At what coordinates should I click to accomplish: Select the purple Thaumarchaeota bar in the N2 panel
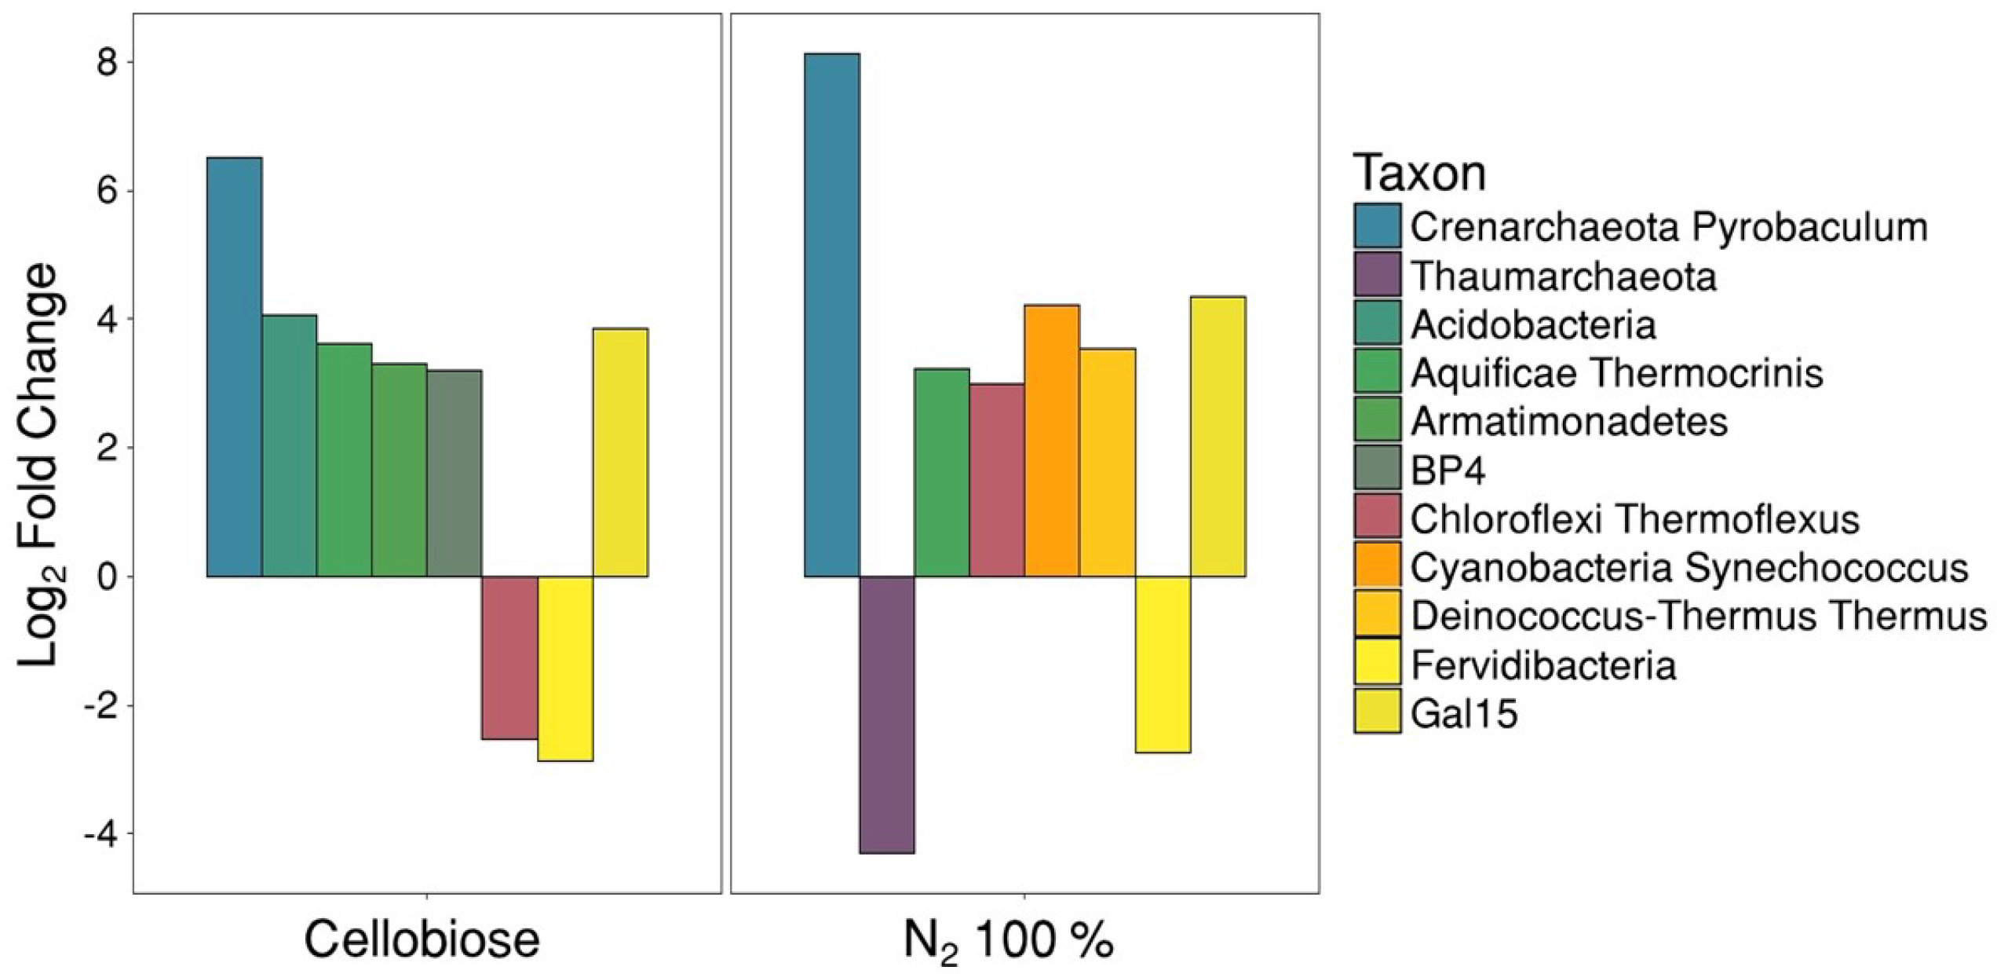(887, 714)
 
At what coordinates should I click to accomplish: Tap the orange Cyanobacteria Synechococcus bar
(1052, 441)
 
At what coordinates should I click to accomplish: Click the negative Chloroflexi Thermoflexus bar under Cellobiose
(509, 657)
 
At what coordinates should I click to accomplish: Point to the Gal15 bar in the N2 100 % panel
(1218, 437)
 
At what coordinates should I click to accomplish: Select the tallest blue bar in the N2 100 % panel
(832, 315)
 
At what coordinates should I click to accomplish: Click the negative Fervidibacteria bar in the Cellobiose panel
(565, 668)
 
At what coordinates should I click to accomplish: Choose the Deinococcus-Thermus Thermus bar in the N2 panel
(1108, 463)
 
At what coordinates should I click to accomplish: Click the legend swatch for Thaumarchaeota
(1377, 274)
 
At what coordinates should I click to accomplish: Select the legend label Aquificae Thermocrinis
(1616, 373)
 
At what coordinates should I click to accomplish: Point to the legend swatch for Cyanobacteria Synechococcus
(1377, 566)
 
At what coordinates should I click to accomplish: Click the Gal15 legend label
(1464, 714)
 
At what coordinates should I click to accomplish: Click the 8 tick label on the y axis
(108, 63)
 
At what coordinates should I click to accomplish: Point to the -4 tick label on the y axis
(100, 833)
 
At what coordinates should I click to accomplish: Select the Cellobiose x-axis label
(422, 939)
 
